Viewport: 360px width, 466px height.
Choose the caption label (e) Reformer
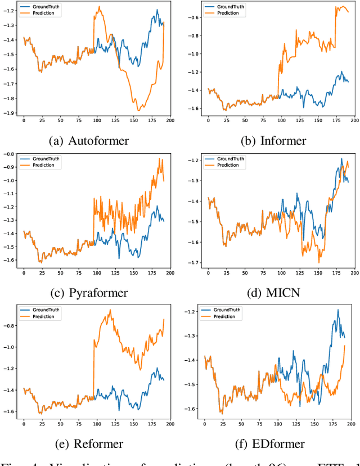pos(90,444)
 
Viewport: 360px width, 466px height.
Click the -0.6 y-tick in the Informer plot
pos(193,17)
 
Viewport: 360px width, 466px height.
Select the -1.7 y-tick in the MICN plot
pos(193,263)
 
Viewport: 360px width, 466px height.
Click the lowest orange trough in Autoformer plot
pos(138,110)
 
